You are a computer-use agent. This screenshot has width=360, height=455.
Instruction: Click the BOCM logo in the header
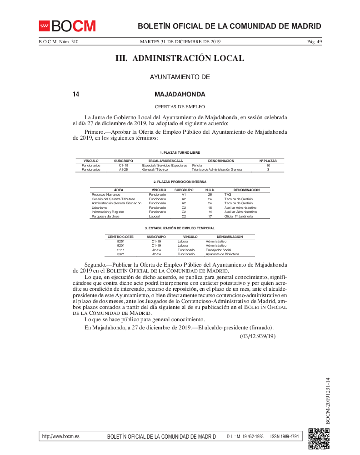point(67,26)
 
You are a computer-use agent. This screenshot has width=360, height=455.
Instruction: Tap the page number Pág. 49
point(314,42)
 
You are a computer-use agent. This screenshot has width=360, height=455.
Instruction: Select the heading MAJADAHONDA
point(180,95)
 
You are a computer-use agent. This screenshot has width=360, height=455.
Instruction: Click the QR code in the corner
point(319,439)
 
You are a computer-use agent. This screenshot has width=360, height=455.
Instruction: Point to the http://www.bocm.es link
point(60,436)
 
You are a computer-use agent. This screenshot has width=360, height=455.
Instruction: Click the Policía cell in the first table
point(197,165)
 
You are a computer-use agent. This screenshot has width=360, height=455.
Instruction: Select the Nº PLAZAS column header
point(268,161)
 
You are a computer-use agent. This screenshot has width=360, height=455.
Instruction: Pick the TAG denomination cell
point(228,194)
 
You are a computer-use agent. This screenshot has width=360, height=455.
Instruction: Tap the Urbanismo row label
point(100,207)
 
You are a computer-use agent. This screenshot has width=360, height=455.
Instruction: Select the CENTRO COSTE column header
point(120,237)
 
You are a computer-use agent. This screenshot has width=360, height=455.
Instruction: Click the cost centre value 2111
point(120,250)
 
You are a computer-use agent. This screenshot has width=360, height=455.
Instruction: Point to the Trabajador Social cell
point(218,250)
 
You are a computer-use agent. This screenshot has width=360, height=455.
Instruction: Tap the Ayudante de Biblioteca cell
point(222,254)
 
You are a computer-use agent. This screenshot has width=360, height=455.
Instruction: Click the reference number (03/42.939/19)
point(258,336)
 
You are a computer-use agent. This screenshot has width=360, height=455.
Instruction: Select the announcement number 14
point(76,95)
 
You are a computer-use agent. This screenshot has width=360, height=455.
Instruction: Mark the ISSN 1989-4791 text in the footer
point(285,436)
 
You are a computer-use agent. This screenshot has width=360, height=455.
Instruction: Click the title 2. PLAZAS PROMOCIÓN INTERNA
point(180,182)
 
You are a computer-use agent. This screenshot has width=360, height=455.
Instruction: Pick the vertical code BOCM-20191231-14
point(327,401)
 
